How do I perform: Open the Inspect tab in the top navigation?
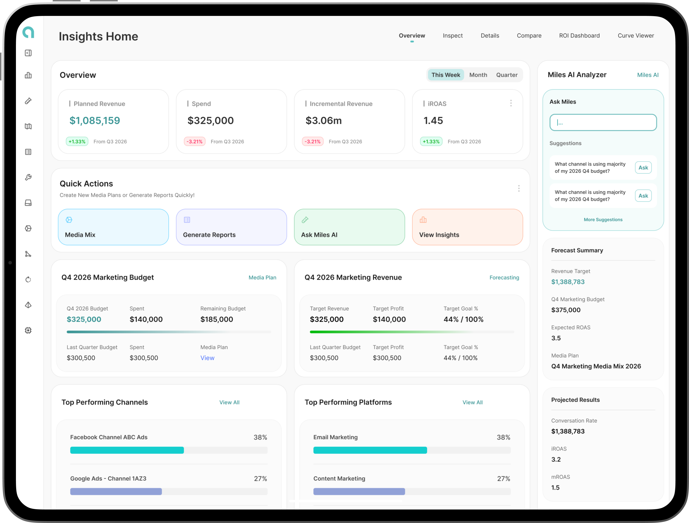click(452, 35)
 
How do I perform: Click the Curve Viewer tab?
click(636, 35)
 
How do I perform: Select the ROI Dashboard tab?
click(579, 35)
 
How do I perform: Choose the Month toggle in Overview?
click(478, 75)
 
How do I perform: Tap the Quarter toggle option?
click(507, 75)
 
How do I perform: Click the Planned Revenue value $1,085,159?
click(94, 121)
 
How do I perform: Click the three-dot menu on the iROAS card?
click(511, 103)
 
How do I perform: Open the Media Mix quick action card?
click(113, 227)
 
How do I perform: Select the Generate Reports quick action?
click(231, 227)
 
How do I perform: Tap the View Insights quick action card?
click(467, 227)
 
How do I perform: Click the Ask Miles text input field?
click(603, 122)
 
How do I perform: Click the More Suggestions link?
click(603, 220)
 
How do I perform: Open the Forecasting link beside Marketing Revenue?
click(504, 278)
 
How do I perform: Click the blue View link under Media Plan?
click(207, 358)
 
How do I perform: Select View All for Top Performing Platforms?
click(472, 402)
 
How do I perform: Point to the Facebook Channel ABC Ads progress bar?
click(169, 450)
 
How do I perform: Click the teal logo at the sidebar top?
click(28, 32)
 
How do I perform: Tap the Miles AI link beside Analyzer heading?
click(647, 75)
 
